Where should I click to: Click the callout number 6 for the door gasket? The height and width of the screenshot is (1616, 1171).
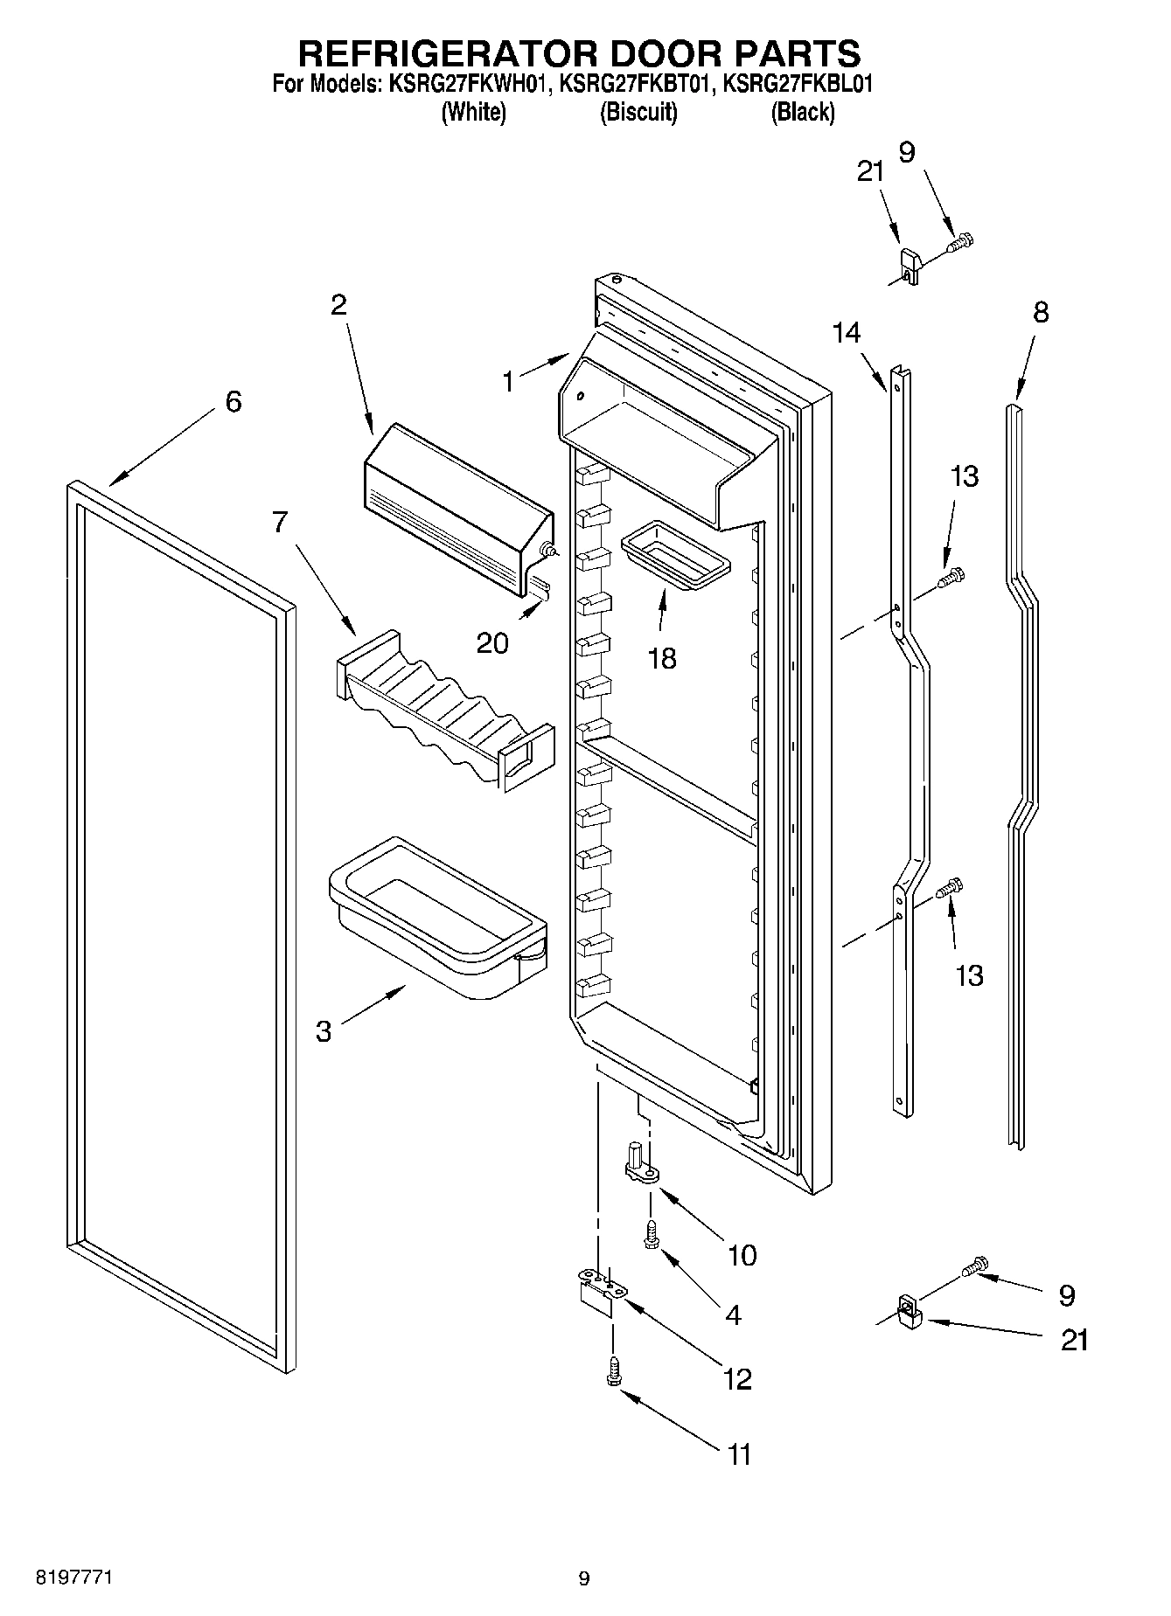point(233,402)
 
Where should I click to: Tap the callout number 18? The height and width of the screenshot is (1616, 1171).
point(662,658)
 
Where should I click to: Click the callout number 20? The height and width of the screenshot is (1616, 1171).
point(492,643)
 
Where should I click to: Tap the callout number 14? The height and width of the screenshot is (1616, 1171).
point(846,333)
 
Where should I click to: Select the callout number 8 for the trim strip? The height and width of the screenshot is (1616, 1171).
point(1040,312)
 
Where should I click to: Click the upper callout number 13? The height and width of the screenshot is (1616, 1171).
point(965,476)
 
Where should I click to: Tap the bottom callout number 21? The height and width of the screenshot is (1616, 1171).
point(1074,1340)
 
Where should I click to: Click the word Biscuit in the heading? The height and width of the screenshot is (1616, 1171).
point(638,112)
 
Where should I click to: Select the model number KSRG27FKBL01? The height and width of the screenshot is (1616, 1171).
point(800,85)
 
